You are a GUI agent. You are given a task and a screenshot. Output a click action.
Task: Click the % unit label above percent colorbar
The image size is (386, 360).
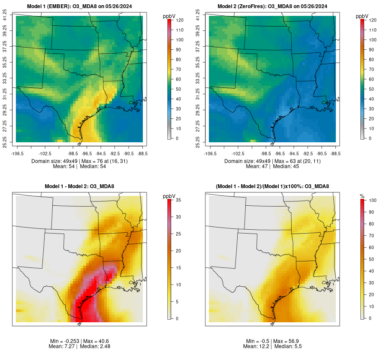(362, 196)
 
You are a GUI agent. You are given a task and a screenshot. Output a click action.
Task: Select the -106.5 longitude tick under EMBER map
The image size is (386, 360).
(16, 153)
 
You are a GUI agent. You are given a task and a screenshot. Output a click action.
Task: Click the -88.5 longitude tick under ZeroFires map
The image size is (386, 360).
(336, 153)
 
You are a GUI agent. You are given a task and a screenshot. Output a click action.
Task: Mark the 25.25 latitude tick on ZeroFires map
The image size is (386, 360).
(198, 141)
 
